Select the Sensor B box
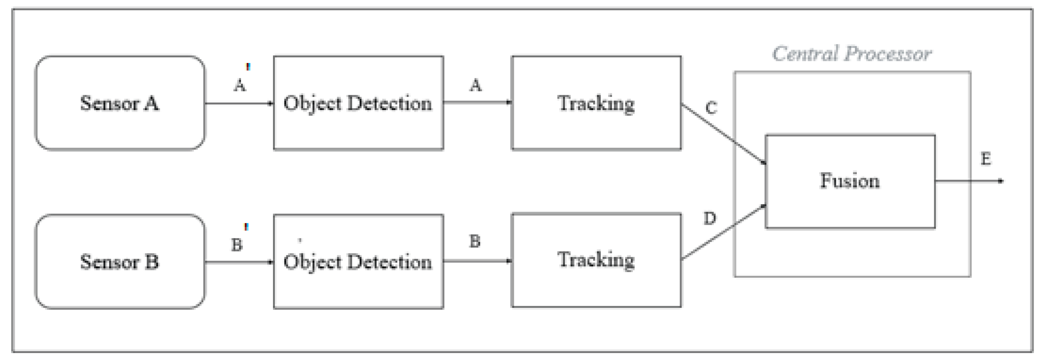point(120,261)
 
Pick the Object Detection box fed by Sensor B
point(358,261)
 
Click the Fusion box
point(850,181)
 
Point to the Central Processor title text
point(851,54)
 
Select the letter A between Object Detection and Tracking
point(476,85)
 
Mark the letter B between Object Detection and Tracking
point(475,241)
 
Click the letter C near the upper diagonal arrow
point(711,108)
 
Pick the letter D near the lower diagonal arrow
point(710,218)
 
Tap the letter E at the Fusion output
point(986,159)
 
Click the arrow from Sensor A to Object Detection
point(239,103)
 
